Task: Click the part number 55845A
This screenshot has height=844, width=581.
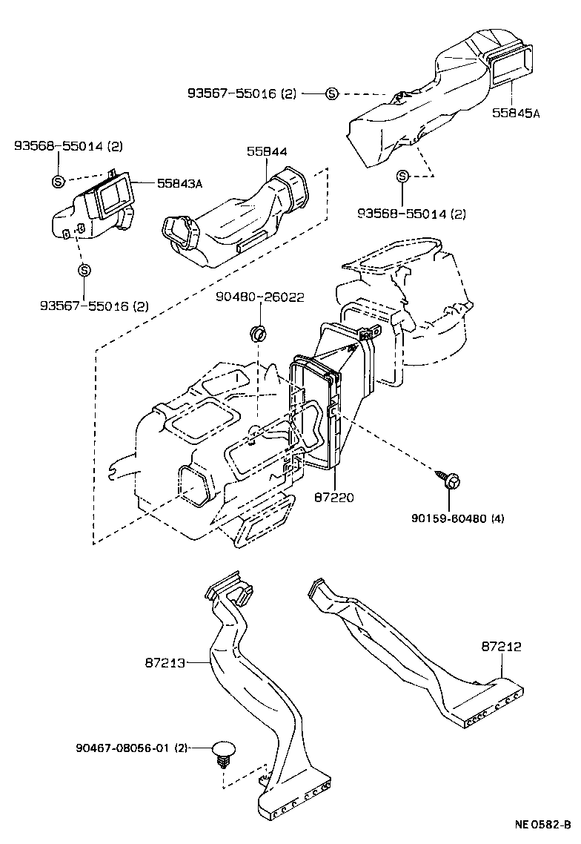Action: tap(516, 113)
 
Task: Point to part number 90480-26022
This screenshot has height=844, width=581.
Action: tap(260, 297)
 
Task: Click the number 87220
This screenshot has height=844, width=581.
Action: tap(333, 497)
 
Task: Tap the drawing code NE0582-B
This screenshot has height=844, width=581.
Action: tap(543, 824)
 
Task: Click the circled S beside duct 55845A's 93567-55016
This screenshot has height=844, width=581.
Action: tap(331, 93)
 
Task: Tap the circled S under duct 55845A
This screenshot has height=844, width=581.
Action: tap(402, 177)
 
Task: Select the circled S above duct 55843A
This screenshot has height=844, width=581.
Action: tap(59, 181)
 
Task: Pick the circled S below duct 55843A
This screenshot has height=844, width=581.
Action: tap(84, 270)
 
